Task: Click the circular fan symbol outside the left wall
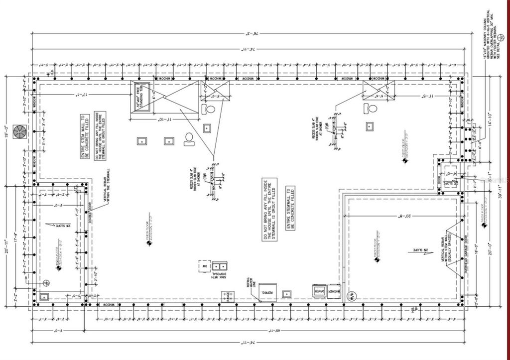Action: (x=20, y=132)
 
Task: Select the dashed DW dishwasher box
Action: (x=204, y=266)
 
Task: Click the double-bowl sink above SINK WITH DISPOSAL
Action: (x=218, y=266)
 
